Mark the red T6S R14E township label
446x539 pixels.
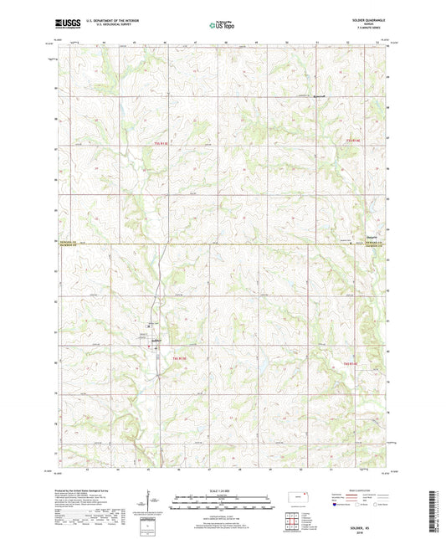tap(350, 363)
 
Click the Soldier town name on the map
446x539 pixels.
tap(155, 341)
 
